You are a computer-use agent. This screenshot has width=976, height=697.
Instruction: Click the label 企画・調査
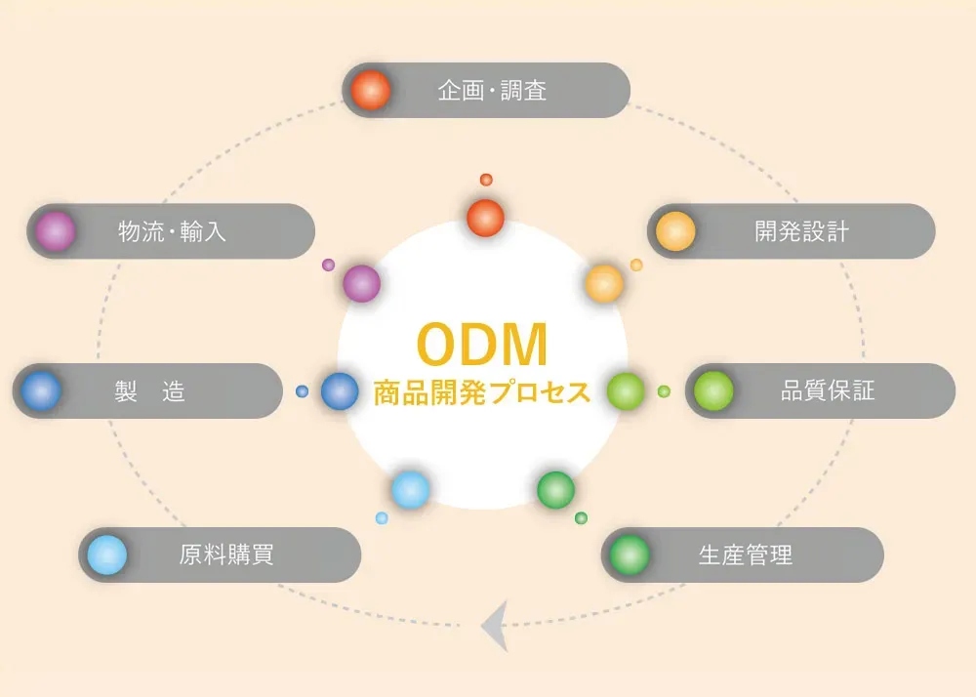pyautogui.click(x=492, y=91)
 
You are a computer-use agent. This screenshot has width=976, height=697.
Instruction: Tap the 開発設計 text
pyautogui.click(x=801, y=231)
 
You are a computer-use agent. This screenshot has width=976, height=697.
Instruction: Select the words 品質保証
pyautogui.click(x=828, y=391)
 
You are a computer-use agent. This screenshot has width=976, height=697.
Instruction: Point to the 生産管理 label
pyautogui.click(x=746, y=555)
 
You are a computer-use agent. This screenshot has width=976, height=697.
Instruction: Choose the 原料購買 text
pyautogui.click(x=226, y=555)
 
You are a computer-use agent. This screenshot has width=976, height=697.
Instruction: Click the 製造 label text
pyautogui.click(x=149, y=391)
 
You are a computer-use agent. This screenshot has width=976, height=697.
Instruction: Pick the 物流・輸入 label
pyautogui.click(x=172, y=231)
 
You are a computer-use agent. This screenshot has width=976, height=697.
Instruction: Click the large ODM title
pyautogui.click(x=482, y=345)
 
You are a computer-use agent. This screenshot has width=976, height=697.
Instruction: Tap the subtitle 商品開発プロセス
pyautogui.click(x=482, y=392)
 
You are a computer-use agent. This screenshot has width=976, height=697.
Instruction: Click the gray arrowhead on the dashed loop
pyautogui.click(x=496, y=626)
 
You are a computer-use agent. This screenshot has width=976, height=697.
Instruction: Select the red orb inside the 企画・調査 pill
pyautogui.click(x=371, y=91)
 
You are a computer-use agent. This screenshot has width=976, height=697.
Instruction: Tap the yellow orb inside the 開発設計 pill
pyautogui.click(x=675, y=231)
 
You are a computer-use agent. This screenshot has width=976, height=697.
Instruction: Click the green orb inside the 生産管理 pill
pyautogui.click(x=630, y=555)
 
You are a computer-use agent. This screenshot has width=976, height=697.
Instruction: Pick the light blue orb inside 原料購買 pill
pyautogui.click(x=106, y=555)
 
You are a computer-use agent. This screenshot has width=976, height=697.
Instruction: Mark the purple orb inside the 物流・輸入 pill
pyautogui.click(x=56, y=231)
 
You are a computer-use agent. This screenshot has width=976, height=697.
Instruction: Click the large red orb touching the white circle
pyautogui.click(x=485, y=217)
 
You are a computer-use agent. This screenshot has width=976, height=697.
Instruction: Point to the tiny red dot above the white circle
pyautogui.click(x=486, y=180)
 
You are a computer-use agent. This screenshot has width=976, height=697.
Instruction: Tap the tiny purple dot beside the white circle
pyautogui.click(x=328, y=265)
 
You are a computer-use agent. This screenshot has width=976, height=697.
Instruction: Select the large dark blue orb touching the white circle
pyautogui.click(x=340, y=391)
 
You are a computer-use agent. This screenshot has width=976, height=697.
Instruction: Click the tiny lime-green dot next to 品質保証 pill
pyautogui.click(x=664, y=391)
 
